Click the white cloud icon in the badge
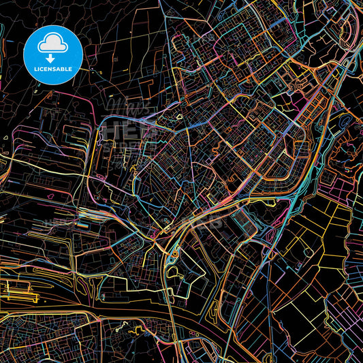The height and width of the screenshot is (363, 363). (x=52, y=43)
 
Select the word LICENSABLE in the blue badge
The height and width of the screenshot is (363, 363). (x=52, y=69)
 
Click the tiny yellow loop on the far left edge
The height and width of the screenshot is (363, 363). (x=5, y=138)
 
